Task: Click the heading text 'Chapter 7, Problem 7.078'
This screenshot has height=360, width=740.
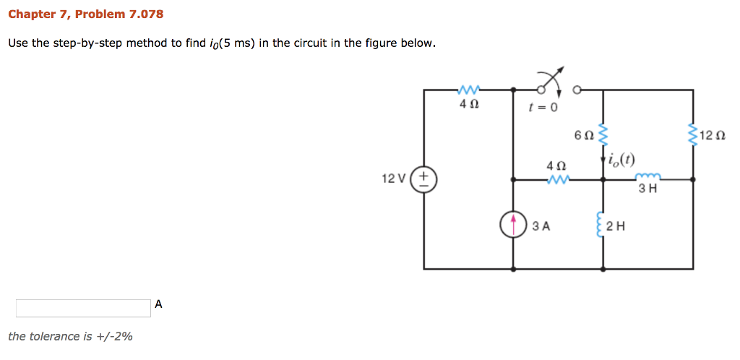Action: pos(85,14)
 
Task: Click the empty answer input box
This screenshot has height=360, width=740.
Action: pos(83,308)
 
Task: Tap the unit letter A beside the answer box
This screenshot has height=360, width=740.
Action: pos(158,304)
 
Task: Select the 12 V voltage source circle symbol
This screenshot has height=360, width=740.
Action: pos(423,179)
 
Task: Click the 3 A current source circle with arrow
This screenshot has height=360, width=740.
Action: pos(513,224)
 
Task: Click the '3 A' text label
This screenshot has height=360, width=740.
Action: pos(541,226)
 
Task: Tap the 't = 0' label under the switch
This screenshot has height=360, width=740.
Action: pos(543,108)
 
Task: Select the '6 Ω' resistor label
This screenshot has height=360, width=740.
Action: pos(582,134)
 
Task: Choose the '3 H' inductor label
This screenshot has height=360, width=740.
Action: pos(647,189)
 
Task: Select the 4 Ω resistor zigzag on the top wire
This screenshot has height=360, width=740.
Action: pos(468,90)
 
